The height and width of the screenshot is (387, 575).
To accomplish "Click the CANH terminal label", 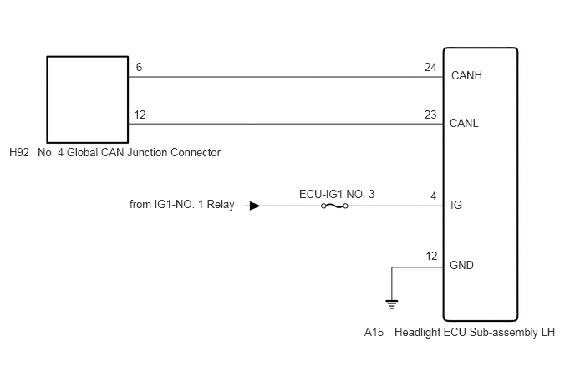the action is pos(466,75).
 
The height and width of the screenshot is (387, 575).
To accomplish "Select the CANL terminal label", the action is pos(464,123).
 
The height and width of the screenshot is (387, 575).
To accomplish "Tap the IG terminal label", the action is pos(456,205).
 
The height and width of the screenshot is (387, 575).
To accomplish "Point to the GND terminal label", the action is pos(461,265).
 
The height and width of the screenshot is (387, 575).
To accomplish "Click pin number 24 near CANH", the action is pos(430,67).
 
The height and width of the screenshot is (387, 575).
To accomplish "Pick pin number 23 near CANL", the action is pos(430,115).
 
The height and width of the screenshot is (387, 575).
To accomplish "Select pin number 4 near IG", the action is pos(434,196).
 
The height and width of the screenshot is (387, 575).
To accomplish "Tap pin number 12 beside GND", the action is pos(431,256).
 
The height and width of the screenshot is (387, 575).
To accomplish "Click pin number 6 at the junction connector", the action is pos(139,67).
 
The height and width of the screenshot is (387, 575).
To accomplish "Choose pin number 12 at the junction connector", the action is pos(140,115).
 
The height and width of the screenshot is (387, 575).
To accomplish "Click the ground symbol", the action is pos(392,304).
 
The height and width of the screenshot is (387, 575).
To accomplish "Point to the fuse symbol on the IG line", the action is pos(334,206).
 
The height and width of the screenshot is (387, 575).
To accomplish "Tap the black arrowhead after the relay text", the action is pos(255,206).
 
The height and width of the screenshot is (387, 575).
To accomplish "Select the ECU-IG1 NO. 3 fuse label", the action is pos(337,194).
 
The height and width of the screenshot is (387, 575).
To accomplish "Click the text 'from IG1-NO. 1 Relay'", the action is pos(182,204).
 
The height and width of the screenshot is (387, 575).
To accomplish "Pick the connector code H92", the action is pos(19,153).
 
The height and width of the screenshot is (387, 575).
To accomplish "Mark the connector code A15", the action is pos(374,333).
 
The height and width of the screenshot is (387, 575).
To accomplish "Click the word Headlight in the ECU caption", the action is pos(417,333).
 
